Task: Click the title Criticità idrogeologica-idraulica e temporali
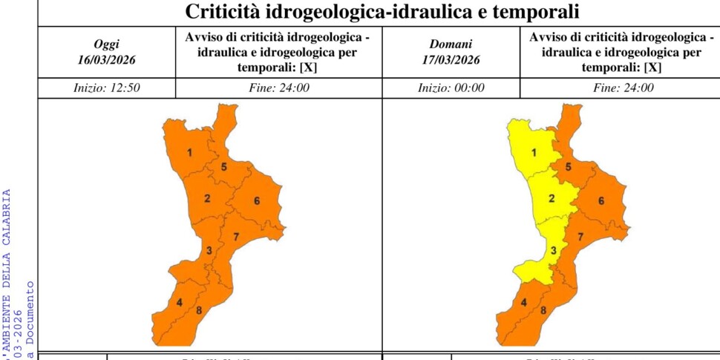pos(382,13)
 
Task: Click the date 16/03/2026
pos(107,59)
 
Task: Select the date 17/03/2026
pos(451,59)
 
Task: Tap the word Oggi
pos(107,45)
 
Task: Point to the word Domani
pos(451,45)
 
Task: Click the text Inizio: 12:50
pos(107,88)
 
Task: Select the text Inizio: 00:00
pos(451,88)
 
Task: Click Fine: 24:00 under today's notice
pos(279,88)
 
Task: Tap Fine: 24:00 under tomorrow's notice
pos(624,88)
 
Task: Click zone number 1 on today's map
pos(190,154)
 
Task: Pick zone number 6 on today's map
pos(257,201)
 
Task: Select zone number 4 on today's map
pos(180,302)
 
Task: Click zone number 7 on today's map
pos(235,237)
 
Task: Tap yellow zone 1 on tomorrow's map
pos(534,154)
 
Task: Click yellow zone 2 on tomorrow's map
pos(552,198)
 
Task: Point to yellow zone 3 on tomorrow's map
pos(553,250)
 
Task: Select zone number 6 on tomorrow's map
pos(601,201)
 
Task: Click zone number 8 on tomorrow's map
pos(543,310)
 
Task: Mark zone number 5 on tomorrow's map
pos(568,167)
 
